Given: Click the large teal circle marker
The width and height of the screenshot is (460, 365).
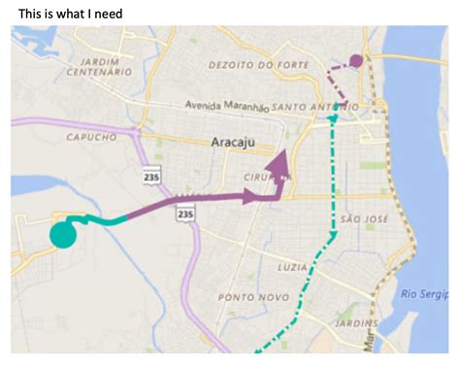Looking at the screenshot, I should tap(63, 235).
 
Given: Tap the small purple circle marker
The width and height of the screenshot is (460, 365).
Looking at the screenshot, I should tap(356, 60).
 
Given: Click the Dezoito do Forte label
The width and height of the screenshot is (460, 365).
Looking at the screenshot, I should tap(250, 65).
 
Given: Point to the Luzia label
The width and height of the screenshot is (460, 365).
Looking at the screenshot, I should tap(293, 264).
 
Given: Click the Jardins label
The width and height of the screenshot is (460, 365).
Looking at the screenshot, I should tap(355, 322).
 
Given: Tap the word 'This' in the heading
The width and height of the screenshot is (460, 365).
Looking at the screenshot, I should tap(32, 13).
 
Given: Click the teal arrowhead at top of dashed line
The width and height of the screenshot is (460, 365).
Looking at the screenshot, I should tap(334, 117).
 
